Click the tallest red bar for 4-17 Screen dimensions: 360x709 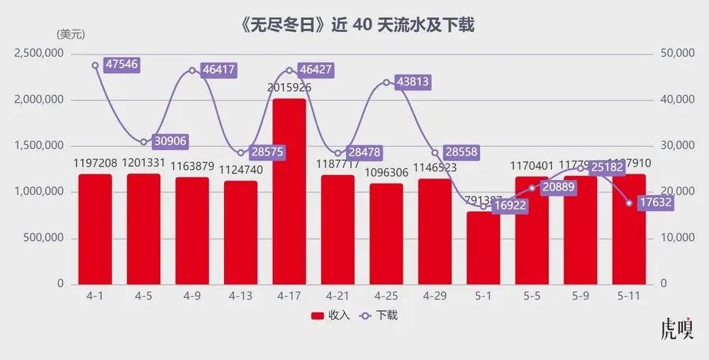tap(289, 191)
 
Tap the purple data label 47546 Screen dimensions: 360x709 tap(121, 64)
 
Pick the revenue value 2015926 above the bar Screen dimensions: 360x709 tap(289, 88)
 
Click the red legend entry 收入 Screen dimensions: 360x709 tap(330, 315)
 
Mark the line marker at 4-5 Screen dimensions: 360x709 tap(144, 142)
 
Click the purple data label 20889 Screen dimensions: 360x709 tap(557, 186)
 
